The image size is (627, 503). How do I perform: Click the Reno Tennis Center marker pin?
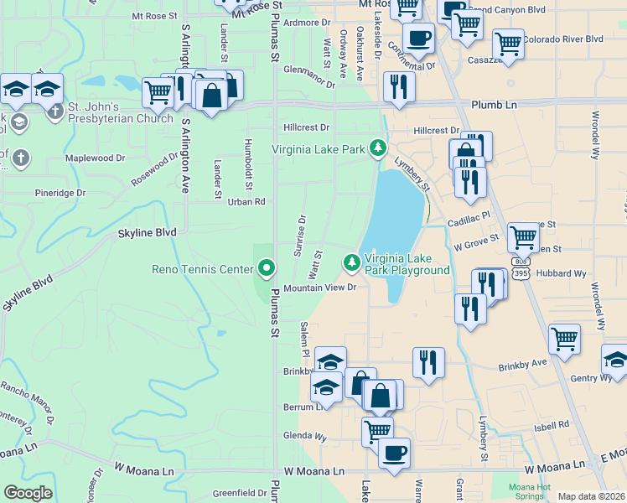267,268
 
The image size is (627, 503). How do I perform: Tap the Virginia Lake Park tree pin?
378,149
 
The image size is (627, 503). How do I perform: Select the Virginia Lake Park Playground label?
407,264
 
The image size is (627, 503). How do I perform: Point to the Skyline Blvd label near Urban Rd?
147,232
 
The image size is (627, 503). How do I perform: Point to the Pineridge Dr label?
60,193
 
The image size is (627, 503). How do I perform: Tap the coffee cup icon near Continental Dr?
418,37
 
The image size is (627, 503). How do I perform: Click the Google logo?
28,494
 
